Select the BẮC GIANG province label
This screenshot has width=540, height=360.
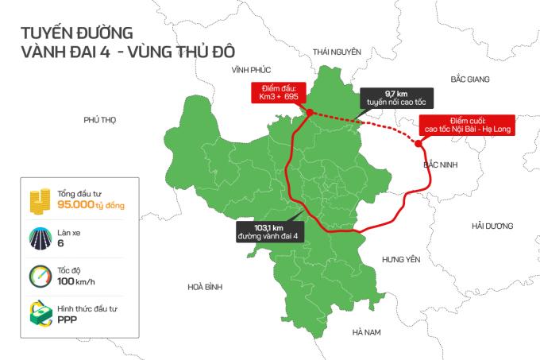pos(469,79)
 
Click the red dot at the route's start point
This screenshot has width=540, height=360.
pos(309,113)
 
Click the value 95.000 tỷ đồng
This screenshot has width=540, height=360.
pos(91,205)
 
